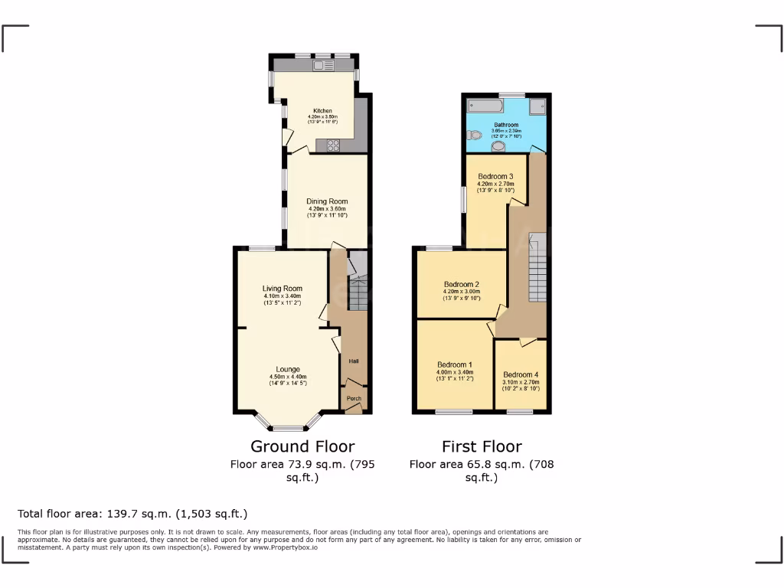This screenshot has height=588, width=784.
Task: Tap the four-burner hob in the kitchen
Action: [x=334, y=144]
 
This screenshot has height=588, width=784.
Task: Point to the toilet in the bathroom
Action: [x=474, y=135]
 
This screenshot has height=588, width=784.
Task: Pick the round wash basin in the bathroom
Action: [x=499, y=145]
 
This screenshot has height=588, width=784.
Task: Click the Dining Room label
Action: [x=327, y=202]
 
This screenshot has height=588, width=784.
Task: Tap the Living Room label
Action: [x=282, y=289]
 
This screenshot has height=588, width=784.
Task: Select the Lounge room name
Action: [x=288, y=369]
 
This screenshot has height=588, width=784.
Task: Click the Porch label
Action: [x=354, y=398]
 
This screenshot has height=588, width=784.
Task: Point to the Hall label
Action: [x=354, y=361]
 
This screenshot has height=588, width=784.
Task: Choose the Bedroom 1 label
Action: [x=455, y=364]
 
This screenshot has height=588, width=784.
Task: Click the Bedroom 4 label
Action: [x=521, y=375]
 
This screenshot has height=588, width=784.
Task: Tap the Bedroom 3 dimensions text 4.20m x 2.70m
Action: [x=495, y=184]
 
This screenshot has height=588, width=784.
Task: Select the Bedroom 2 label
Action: [x=461, y=284]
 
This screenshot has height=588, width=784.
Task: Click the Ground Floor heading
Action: [x=302, y=446]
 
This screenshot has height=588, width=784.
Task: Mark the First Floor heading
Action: [x=482, y=446]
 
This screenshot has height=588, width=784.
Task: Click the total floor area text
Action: [x=132, y=514]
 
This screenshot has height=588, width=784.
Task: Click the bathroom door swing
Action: [x=538, y=147]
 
